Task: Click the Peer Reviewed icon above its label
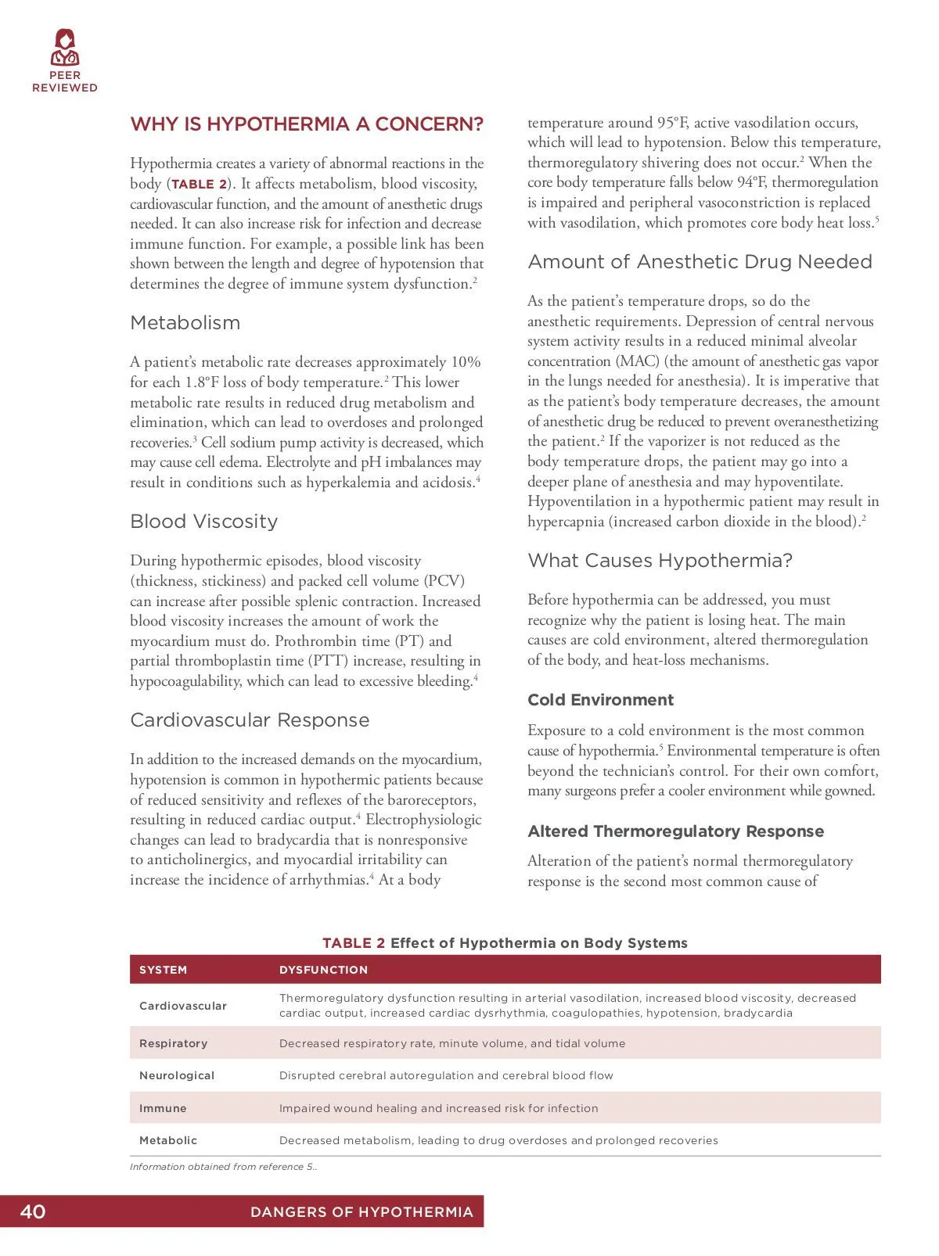tap(65, 48)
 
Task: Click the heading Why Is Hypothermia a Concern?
tap(307, 124)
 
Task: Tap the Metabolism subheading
tap(185, 323)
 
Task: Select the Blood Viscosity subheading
tap(203, 522)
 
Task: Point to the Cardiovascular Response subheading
tap(250, 720)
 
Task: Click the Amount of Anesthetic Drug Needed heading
tap(700, 262)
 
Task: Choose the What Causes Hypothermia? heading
tap(660, 561)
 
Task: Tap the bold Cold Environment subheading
tap(600, 700)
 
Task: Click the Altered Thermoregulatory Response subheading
tap(675, 831)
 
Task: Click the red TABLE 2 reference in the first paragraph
tap(199, 185)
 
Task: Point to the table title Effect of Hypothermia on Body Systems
tap(538, 943)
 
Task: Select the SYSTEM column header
tap(163, 970)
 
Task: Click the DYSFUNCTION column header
tap(323, 970)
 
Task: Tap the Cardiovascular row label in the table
tap(183, 1006)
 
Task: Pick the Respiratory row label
tap(173, 1043)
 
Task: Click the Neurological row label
tap(177, 1075)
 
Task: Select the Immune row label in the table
tap(163, 1108)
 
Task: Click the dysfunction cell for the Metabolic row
tap(498, 1140)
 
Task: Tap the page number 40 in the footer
tap(33, 1211)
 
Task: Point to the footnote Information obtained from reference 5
tap(223, 1167)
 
